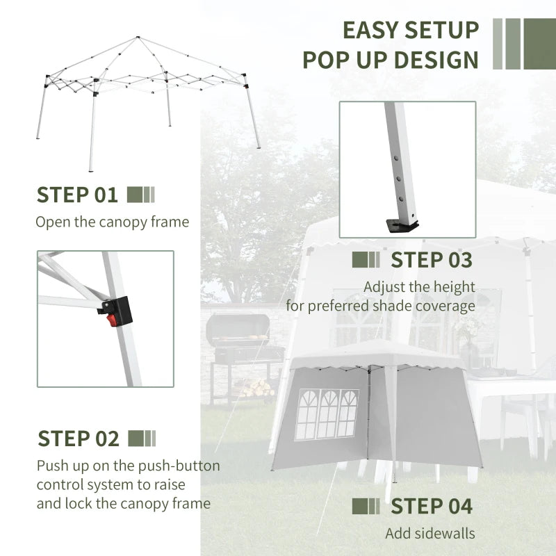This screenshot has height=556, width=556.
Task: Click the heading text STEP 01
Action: click(x=78, y=195)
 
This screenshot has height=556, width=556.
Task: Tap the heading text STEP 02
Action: click(x=79, y=439)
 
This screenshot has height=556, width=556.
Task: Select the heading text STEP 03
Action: click(x=431, y=260)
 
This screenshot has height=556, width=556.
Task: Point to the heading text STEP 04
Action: click(x=431, y=506)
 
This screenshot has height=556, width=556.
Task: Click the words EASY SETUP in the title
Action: click(x=411, y=30)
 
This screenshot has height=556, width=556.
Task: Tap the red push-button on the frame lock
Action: click(x=112, y=320)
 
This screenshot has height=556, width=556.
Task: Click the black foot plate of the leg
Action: click(x=402, y=225)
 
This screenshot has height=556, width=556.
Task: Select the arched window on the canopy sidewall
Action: click(x=327, y=414)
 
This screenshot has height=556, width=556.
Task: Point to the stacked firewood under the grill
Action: click(x=256, y=388)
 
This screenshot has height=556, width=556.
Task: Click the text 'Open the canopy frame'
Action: click(x=113, y=222)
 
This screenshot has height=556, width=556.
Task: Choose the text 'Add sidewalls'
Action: click(x=430, y=533)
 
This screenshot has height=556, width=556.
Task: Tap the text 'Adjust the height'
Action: click(x=419, y=286)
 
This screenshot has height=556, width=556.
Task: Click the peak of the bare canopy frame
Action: click(x=138, y=38)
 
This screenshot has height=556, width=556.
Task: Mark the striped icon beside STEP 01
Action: click(x=141, y=195)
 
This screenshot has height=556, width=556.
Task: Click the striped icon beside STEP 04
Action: click(x=366, y=506)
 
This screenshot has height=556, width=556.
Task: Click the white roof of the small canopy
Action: click(x=375, y=352)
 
